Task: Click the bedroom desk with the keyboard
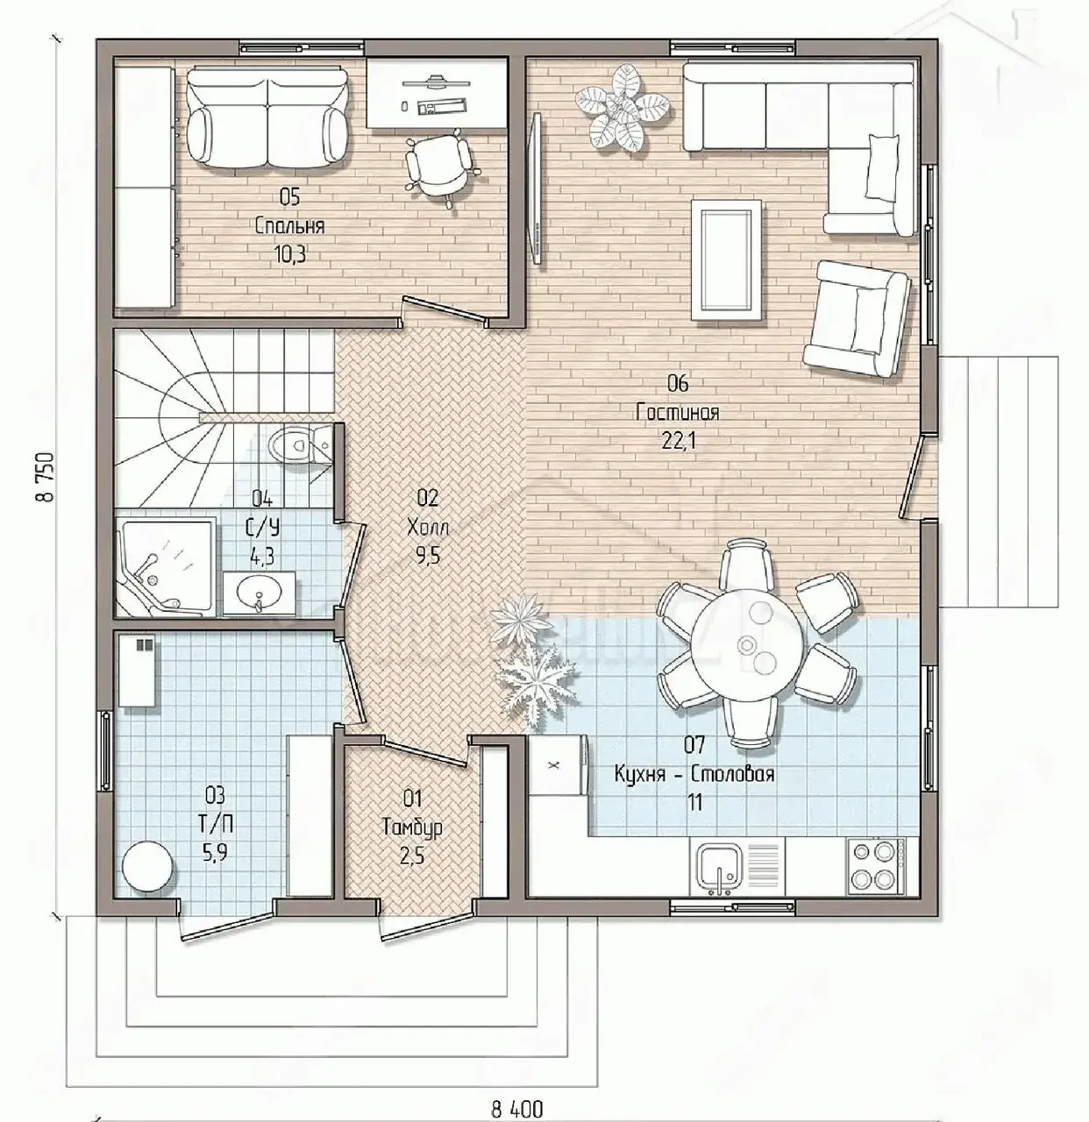(x=438, y=94)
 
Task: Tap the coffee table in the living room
(x=727, y=259)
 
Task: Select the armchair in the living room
(x=857, y=318)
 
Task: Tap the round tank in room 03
(x=147, y=867)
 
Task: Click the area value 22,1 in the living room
(x=679, y=441)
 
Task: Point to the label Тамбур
(x=412, y=827)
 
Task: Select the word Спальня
(x=289, y=226)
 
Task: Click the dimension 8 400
(x=517, y=1109)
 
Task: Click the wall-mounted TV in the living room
(x=537, y=188)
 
